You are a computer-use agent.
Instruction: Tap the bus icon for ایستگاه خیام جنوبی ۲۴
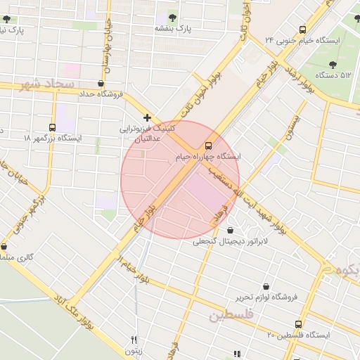tap(302, 30)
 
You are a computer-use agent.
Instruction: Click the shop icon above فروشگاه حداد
tap(101, 84)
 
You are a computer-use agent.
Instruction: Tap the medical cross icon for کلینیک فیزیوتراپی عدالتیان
tap(147, 118)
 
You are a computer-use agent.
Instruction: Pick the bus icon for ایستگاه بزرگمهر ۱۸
tap(53, 127)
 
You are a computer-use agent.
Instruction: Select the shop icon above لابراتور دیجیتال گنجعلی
tap(231, 231)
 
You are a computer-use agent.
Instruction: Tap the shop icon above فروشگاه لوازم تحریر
tap(266, 286)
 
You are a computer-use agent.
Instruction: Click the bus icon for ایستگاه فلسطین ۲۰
tap(298, 324)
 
